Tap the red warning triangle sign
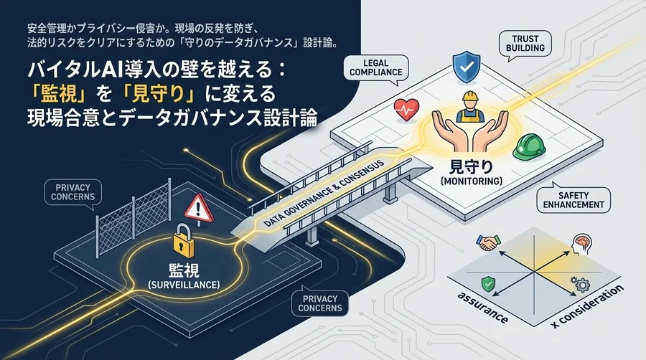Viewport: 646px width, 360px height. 199,209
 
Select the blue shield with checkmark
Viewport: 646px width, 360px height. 466,67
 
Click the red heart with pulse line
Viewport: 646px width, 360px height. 407,110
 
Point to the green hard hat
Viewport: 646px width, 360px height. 529,147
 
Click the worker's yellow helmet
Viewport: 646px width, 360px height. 469,97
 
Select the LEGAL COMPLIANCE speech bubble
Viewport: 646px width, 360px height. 375,69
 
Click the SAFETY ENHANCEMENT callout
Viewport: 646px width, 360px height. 574,199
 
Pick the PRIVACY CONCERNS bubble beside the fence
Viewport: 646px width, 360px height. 73,193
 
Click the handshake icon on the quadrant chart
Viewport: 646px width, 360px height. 488,242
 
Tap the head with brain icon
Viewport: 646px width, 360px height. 582,245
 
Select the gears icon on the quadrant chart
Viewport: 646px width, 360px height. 580,284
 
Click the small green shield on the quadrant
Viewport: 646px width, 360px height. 488,283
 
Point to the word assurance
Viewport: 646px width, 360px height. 482,308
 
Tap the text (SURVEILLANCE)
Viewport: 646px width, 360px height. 183,285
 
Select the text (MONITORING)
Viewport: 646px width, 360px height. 472,181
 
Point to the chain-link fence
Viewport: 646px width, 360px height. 134,216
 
